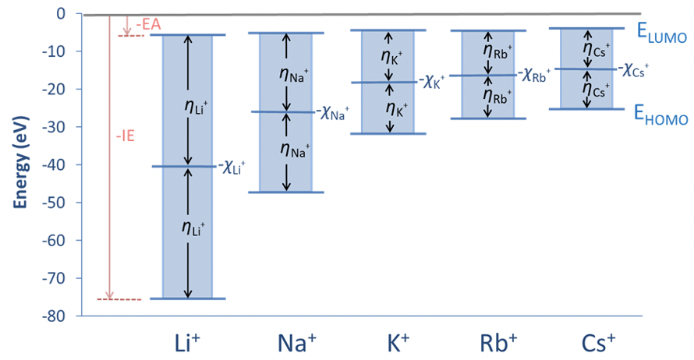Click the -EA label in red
(x=147, y=26)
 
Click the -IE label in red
(x=125, y=136)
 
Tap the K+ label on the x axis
(x=388, y=342)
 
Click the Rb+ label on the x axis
(x=488, y=342)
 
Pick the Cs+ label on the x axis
(x=586, y=342)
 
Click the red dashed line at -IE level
(x=126, y=299)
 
